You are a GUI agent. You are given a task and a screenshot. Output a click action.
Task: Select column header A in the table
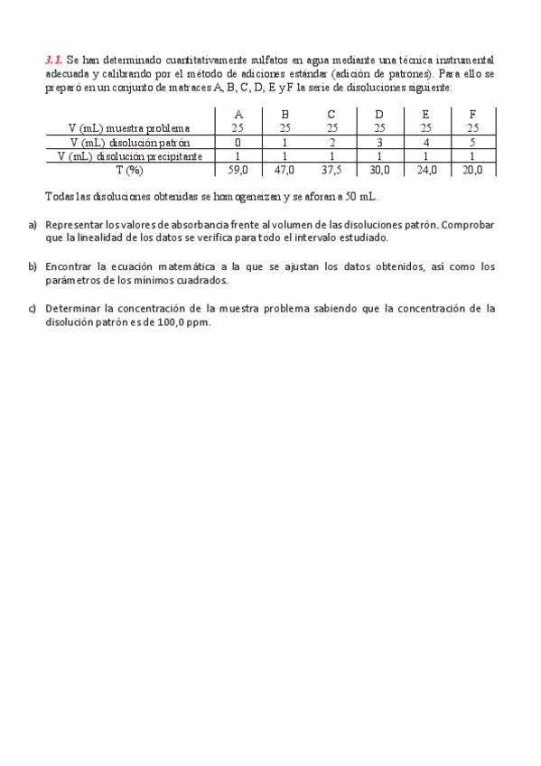coord(238,115)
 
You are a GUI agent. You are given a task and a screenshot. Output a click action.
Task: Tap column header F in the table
coord(472,115)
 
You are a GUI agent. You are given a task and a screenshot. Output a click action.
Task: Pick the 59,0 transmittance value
coord(238,169)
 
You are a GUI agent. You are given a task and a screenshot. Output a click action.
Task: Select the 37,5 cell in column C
coord(331,169)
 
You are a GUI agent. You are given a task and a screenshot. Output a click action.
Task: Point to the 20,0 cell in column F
coord(472,169)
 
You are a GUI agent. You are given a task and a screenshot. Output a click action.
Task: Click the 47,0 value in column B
coord(284,169)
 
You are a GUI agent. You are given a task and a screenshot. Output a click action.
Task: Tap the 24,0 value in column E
coord(425,169)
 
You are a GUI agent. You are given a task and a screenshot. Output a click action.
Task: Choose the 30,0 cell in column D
coord(378,169)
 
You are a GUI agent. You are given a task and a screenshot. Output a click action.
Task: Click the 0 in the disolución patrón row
coord(238,142)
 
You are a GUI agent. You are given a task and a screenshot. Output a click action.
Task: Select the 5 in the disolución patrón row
coord(472,142)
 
